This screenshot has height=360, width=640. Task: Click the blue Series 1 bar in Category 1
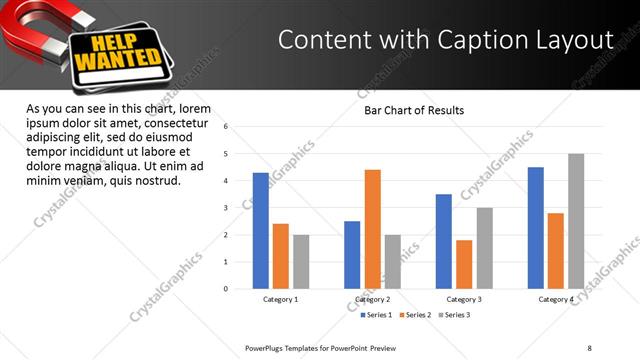pyautogui.click(x=261, y=230)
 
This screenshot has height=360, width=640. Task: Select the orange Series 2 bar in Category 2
pyautogui.click(x=373, y=229)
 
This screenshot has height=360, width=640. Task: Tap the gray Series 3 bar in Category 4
pyautogui.click(x=576, y=221)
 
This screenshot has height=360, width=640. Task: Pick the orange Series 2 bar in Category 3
pyautogui.click(x=464, y=264)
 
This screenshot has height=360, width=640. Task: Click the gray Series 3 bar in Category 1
pyautogui.click(x=301, y=261)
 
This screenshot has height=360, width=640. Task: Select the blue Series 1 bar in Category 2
pyautogui.click(x=352, y=255)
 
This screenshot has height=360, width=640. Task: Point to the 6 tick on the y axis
pyautogui.click(x=227, y=127)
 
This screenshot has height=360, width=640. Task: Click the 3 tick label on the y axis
pyautogui.click(x=227, y=208)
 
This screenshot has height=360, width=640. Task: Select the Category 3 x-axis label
pyautogui.click(x=464, y=299)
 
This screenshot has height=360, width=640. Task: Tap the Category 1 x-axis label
pyautogui.click(x=281, y=299)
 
